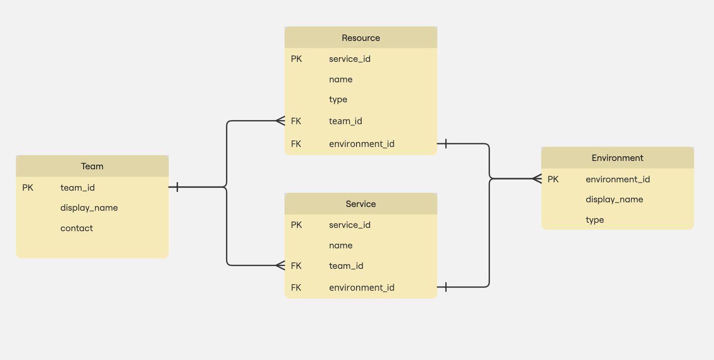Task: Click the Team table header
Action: [x=92, y=166]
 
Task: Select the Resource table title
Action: [x=361, y=38]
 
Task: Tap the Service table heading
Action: [x=361, y=204]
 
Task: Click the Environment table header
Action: [x=617, y=158]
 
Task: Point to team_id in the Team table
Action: [x=78, y=187]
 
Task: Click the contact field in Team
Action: [x=77, y=228]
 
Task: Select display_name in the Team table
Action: [x=89, y=207]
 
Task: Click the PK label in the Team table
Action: [x=28, y=187]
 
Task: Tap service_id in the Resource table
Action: [x=350, y=59]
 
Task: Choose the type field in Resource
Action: [x=338, y=99]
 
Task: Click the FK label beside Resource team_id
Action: [x=296, y=121]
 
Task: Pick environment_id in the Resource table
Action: [x=362, y=144]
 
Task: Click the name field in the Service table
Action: [x=341, y=245]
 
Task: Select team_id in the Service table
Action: [x=346, y=266]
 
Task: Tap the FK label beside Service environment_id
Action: [x=296, y=287]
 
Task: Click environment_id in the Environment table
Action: [x=618, y=179]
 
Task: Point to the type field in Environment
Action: [x=595, y=220]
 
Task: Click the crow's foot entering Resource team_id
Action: [x=280, y=121]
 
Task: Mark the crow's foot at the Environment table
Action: [x=537, y=179]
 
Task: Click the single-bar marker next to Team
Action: [x=177, y=187]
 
